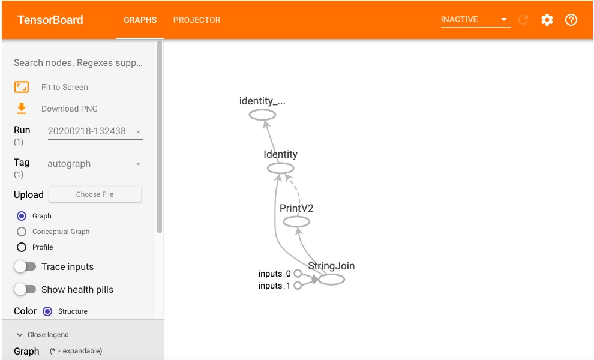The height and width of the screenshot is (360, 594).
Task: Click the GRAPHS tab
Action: click(x=140, y=20)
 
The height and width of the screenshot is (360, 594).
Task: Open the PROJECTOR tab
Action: click(x=197, y=20)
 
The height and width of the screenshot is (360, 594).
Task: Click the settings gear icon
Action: click(x=547, y=20)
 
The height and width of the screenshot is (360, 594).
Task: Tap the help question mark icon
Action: click(x=571, y=20)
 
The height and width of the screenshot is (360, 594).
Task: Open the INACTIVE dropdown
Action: click(x=475, y=20)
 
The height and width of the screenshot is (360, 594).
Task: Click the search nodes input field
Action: click(x=78, y=62)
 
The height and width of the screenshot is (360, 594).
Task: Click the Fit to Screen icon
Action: click(x=22, y=87)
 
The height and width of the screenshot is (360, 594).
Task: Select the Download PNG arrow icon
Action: click(x=22, y=109)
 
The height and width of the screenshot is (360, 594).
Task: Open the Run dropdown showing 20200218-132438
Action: click(x=95, y=131)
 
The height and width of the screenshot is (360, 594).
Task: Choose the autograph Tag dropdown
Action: click(x=95, y=164)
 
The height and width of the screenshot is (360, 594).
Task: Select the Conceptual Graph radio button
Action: click(x=22, y=232)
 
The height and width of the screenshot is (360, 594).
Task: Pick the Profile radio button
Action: click(x=22, y=247)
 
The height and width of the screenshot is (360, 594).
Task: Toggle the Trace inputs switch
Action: click(x=25, y=267)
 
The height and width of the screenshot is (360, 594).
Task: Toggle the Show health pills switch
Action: click(x=25, y=290)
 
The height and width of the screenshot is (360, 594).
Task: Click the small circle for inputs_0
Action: click(x=298, y=273)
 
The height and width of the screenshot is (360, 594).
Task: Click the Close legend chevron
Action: click(x=20, y=335)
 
